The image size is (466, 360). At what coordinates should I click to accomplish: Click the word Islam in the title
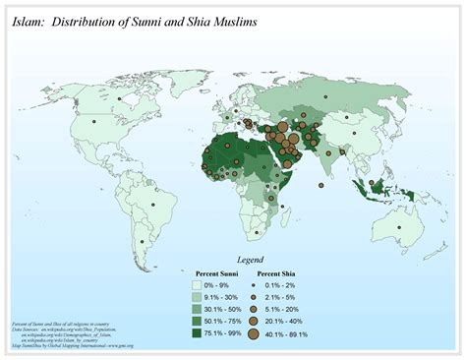pos(30,19)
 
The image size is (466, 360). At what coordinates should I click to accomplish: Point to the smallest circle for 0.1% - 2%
pos(253,283)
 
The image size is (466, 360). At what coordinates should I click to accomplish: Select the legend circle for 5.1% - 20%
pos(253,306)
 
